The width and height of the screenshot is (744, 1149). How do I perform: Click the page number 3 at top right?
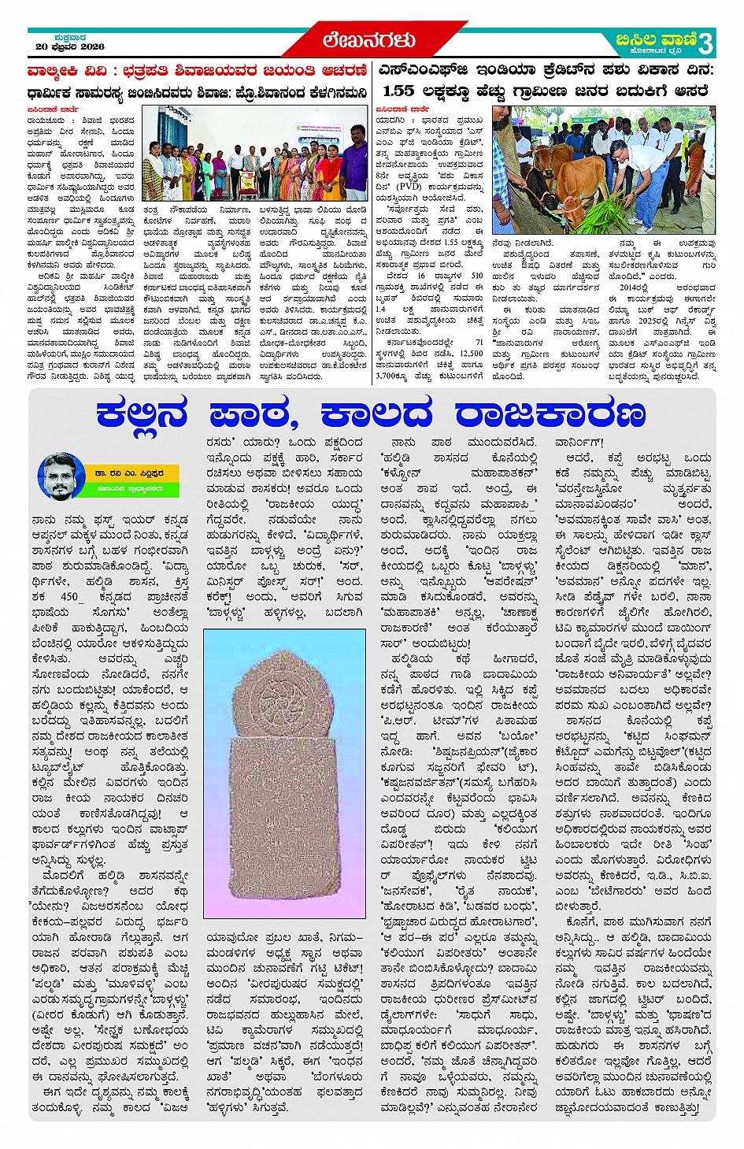[706, 41]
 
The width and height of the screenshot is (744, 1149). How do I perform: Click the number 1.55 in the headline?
[399, 91]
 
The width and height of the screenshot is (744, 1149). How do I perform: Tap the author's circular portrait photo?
[61, 476]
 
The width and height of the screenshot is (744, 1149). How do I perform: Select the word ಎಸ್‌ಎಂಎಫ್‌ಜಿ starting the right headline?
[413, 70]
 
